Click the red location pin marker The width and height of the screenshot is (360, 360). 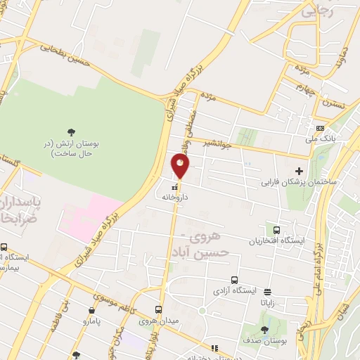point(181,167)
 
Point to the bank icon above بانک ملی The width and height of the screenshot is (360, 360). point(321,129)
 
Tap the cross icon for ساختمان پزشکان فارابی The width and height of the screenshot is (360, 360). point(299,171)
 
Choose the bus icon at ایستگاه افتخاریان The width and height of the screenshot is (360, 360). point(276,230)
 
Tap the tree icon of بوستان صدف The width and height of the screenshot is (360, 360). point(264,329)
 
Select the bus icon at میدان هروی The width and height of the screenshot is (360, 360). point(158,309)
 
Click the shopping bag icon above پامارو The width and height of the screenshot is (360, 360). point(92,309)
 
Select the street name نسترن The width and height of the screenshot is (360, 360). point(334,103)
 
